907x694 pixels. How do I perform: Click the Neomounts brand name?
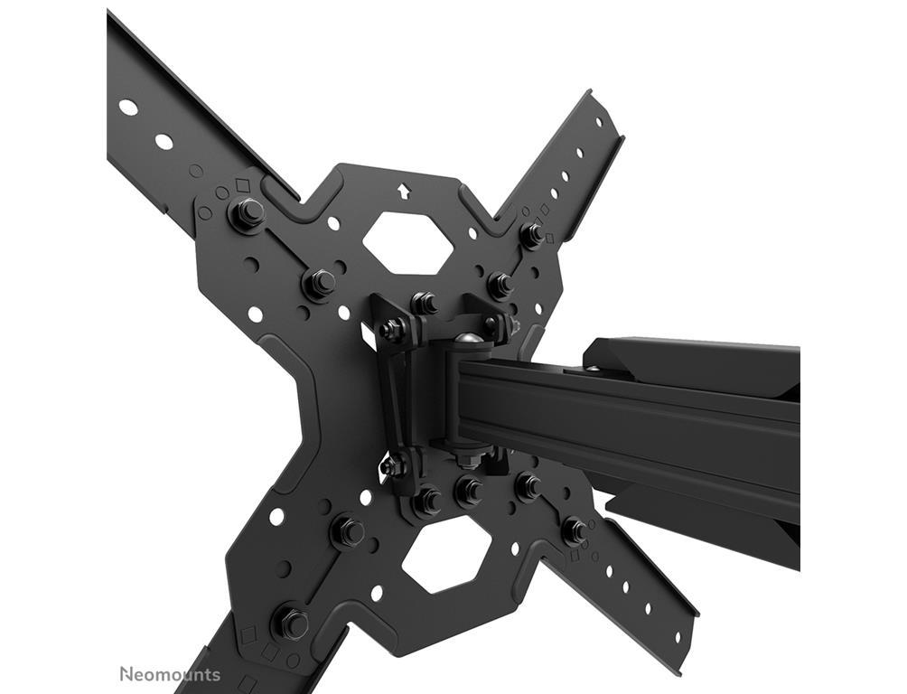(170, 675)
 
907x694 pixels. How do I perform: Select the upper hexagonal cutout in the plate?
(407, 242)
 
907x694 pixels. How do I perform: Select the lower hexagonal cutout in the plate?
(445, 558)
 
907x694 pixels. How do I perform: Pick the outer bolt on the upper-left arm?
(247, 212)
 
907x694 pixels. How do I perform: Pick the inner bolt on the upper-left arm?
(319, 283)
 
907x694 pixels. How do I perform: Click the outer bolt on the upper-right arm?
(531, 234)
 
